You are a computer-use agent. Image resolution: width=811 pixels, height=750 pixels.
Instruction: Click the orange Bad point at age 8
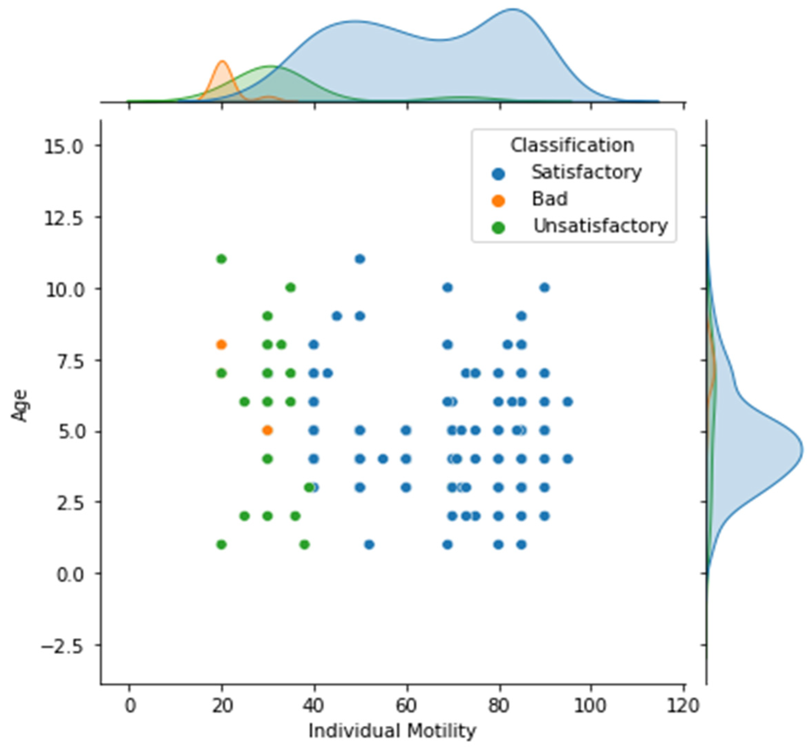221,344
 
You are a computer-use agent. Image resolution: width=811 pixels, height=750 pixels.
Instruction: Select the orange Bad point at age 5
267,430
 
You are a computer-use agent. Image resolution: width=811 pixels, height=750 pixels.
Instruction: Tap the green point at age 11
221,259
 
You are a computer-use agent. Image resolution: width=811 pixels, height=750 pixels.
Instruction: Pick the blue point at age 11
360,259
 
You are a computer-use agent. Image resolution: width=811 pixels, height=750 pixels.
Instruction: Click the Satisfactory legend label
586,173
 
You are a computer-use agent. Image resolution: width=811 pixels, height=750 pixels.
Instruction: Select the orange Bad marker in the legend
498,201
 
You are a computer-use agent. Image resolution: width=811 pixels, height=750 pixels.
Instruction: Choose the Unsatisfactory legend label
600,226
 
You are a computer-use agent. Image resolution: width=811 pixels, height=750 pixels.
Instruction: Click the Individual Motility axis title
392,731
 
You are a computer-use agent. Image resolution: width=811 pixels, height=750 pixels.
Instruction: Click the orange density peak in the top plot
222,62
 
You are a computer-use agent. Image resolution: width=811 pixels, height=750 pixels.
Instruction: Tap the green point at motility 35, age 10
290,288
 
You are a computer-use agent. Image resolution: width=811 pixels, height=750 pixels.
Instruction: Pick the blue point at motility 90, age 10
545,288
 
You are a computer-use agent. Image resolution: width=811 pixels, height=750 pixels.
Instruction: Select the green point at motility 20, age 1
221,544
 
